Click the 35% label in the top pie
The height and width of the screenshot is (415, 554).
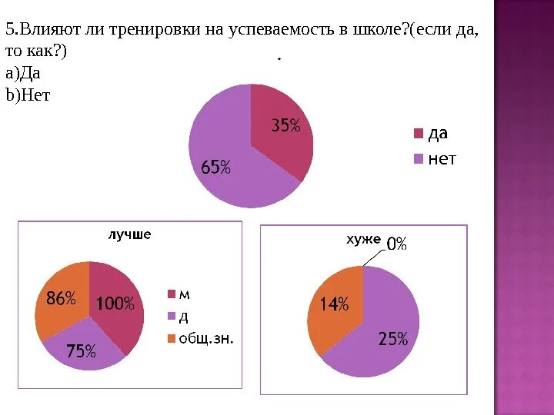point(285,126)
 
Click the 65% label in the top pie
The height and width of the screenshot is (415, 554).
point(215,167)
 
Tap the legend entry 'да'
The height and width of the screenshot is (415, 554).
point(438,134)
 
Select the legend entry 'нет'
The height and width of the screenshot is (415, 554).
point(442,159)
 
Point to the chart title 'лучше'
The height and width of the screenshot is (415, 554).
point(129,234)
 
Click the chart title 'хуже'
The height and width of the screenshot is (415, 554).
point(364,240)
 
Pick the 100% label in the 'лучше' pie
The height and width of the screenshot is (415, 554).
point(115,304)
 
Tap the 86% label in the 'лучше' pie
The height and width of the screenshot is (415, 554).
point(61,298)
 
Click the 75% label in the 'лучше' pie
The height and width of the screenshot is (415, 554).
point(81,351)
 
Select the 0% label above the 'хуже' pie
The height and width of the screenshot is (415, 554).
point(396,244)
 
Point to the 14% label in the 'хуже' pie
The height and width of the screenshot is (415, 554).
point(334,304)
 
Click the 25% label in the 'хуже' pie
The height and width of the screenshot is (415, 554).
point(392,339)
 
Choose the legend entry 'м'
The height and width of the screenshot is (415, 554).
point(185,294)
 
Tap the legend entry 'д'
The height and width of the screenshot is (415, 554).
point(184,316)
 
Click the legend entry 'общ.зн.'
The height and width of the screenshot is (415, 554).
point(206,338)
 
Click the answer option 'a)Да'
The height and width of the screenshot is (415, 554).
point(23,74)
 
